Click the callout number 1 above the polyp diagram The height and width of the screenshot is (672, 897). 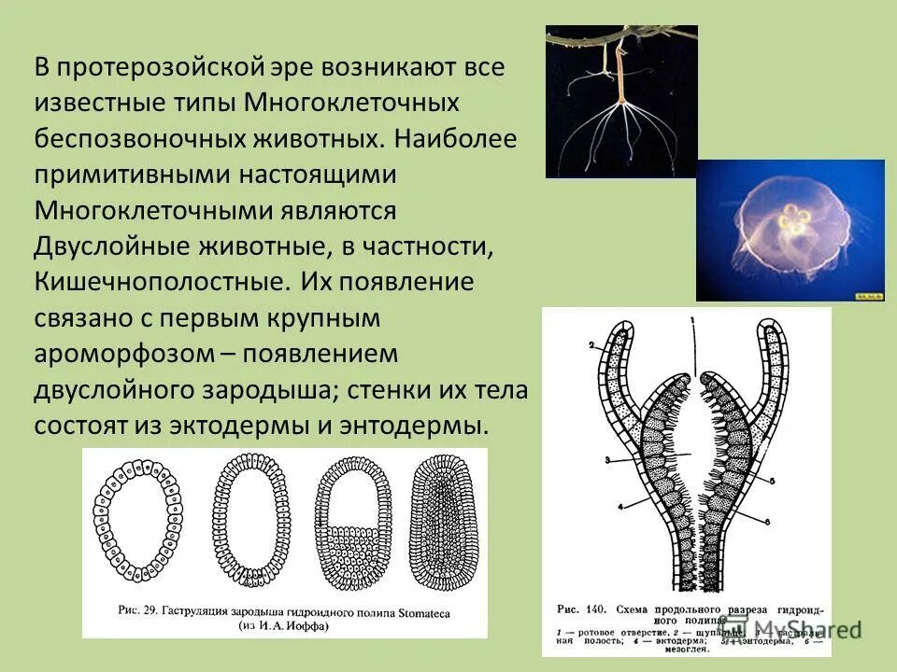(x=692, y=320)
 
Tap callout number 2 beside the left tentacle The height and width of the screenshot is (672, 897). (x=591, y=344)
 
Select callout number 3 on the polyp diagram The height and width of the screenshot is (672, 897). (x=606, y=458)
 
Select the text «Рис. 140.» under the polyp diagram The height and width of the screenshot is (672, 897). (x=581, y=609)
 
